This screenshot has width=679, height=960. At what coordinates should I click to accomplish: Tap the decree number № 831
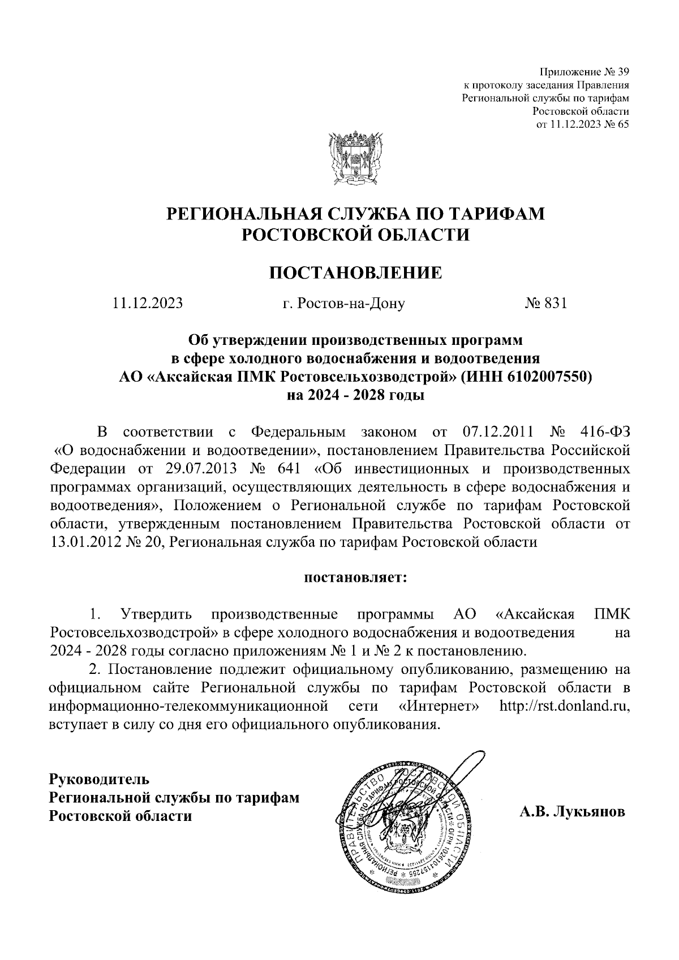tap(545, 304)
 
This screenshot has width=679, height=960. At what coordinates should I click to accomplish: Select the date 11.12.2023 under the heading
tap(148, 304)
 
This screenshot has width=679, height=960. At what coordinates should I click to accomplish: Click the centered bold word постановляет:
tap(356, 578)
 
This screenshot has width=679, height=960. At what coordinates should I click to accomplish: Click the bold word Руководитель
tap(100, 779)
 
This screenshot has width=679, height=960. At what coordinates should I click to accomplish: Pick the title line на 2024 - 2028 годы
tap(356, 395)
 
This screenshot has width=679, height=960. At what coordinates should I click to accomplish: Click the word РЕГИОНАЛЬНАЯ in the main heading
tap(239, 215)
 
